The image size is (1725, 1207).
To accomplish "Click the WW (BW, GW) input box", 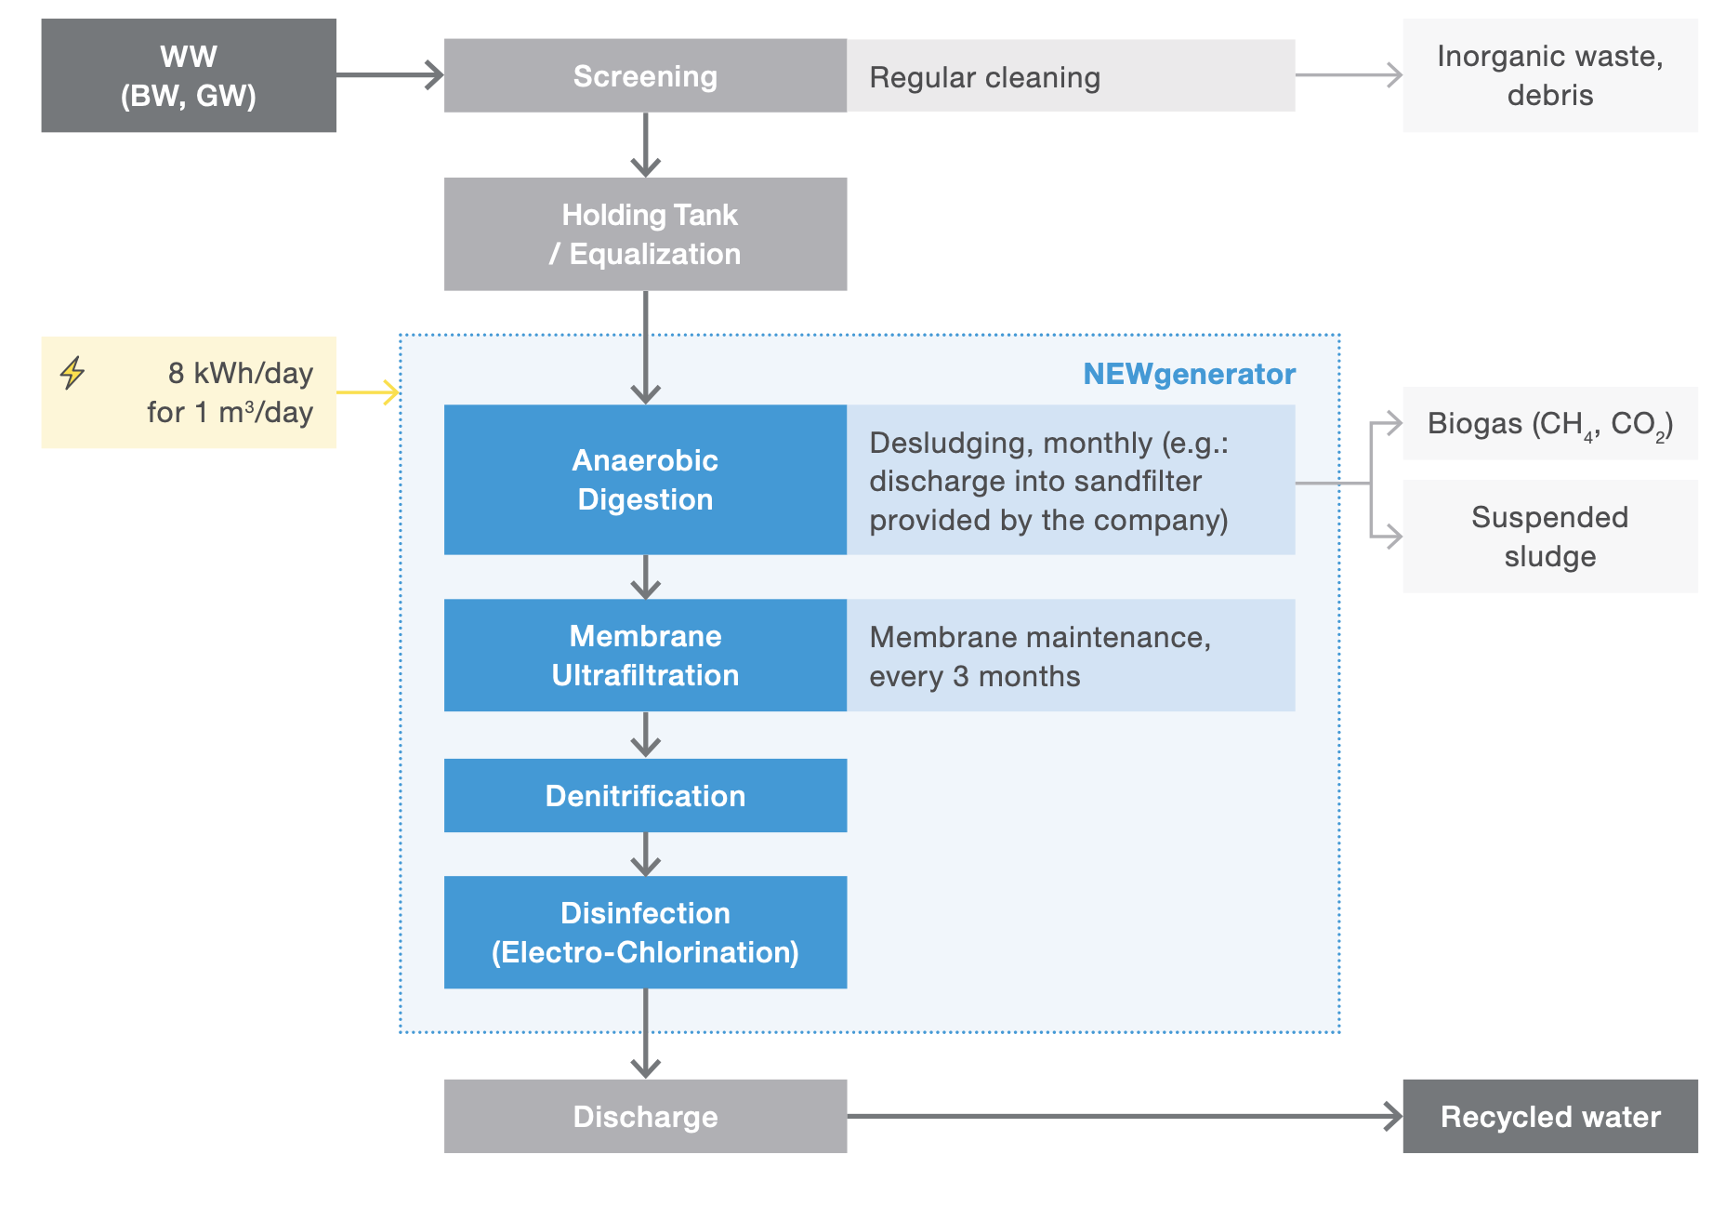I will click(x=189, y=75).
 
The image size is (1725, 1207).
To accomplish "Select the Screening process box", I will click(x=645, y=75).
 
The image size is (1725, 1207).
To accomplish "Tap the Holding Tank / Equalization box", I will click(x=645, y=233).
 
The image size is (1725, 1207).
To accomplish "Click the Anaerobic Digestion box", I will click(x=645, y=479).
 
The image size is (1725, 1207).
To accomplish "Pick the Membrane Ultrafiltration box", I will click(x=645, y=655).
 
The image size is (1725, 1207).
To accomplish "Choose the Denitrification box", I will click(x=645, y=795).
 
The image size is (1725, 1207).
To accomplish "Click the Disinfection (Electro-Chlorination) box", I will click(x=645, y=932).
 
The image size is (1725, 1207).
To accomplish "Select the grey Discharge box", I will click(x=645, y=1116).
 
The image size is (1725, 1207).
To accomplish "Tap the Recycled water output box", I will click(x=1549, y=1116).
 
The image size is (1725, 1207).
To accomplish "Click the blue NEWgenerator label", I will click(x=1189, y=374).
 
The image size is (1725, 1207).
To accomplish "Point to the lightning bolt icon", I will click(x=72, y=372).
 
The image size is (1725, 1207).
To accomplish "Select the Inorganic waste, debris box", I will click(x=1549, y=75).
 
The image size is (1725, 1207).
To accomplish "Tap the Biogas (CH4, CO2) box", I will click(x=1549, y=423).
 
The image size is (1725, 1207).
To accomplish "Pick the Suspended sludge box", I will click(x=1549, y=537).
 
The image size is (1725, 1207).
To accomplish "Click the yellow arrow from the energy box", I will click(x=368, y=392).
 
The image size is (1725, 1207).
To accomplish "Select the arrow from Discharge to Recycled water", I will click(x=1124, y=1116).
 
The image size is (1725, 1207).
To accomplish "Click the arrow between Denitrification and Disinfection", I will click(x=645, y=854).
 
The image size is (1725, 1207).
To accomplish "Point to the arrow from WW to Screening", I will click(x=389, y=75).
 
